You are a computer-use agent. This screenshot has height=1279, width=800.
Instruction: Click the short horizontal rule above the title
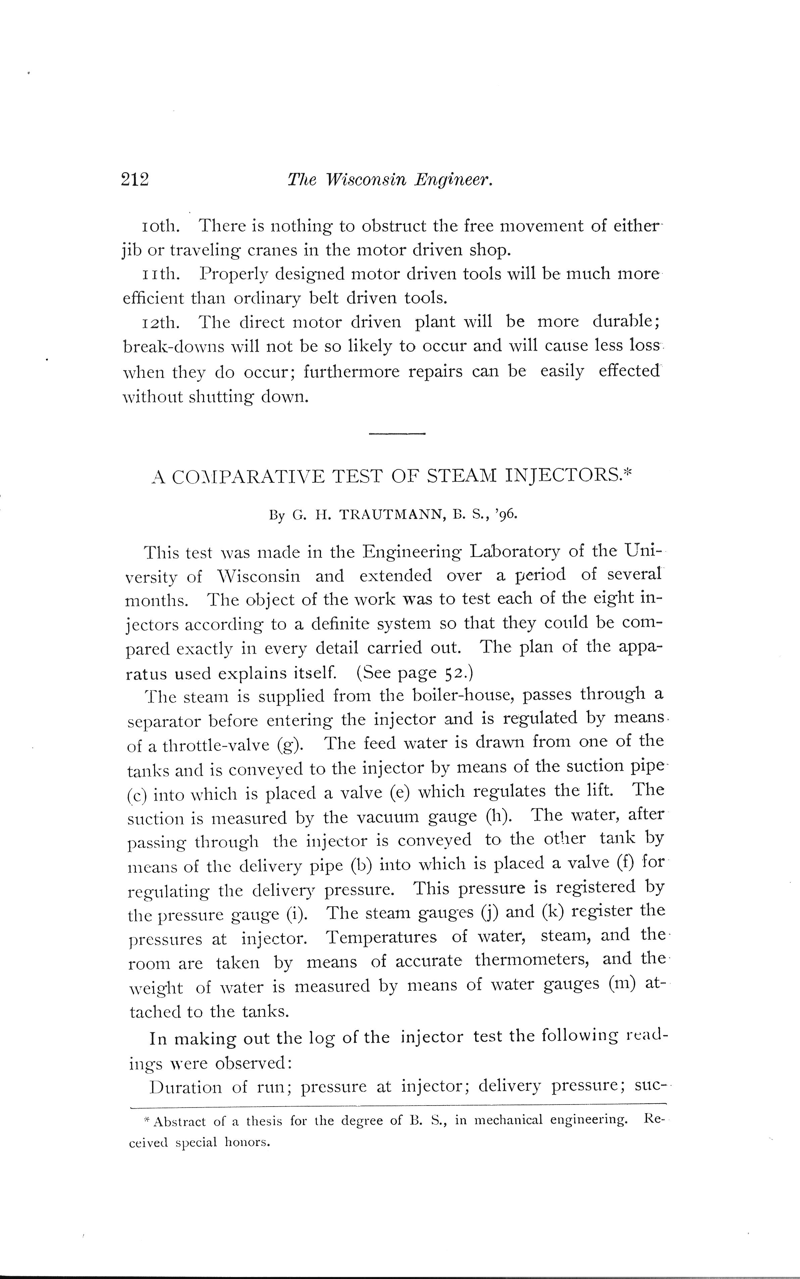click(397, 434)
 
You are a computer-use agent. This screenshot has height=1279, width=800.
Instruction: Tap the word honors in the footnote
click(247, 1142)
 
